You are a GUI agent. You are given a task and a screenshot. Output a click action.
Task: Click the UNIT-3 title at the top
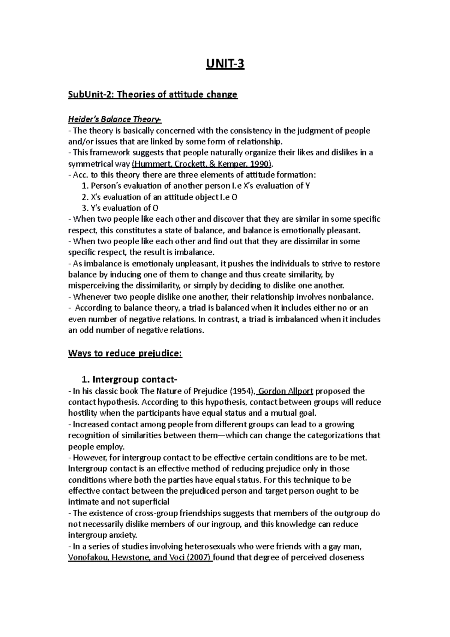tap(225, 64)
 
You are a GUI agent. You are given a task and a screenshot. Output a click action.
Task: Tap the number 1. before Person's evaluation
tap(84, 186)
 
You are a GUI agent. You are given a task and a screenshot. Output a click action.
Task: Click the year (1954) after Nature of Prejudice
tap(242, 391)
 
